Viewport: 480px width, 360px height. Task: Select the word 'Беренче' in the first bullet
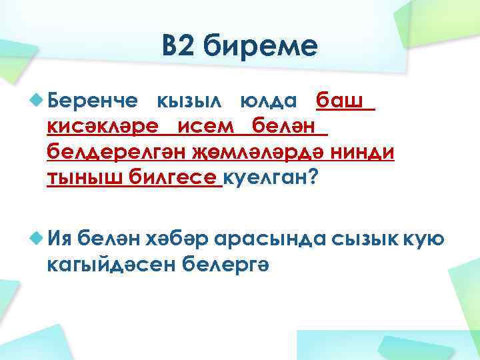[x=93, y=101]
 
